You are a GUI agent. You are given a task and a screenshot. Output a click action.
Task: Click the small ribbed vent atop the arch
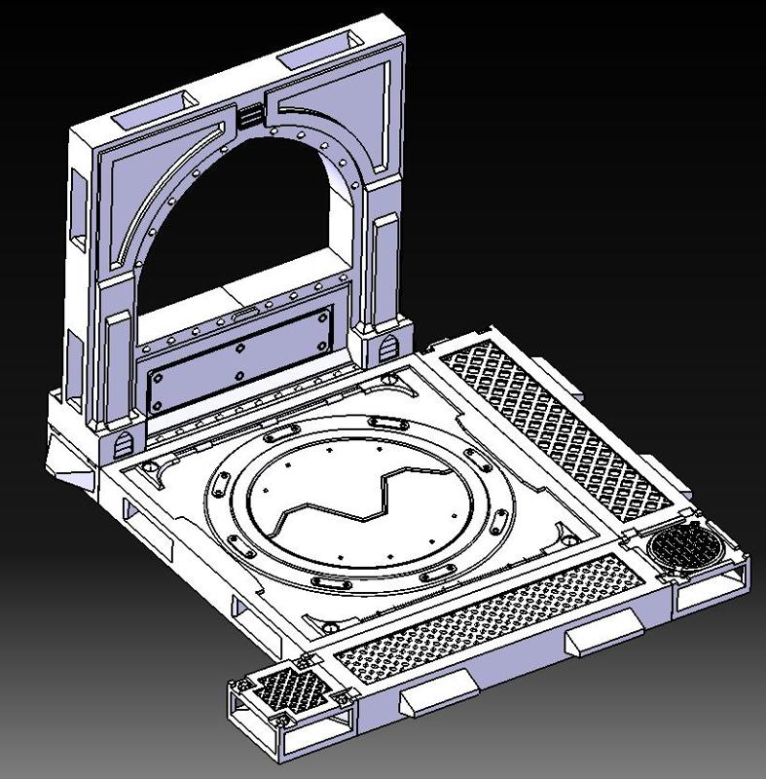pos(250,116)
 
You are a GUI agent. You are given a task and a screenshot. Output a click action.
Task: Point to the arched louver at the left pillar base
pos(124,443)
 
